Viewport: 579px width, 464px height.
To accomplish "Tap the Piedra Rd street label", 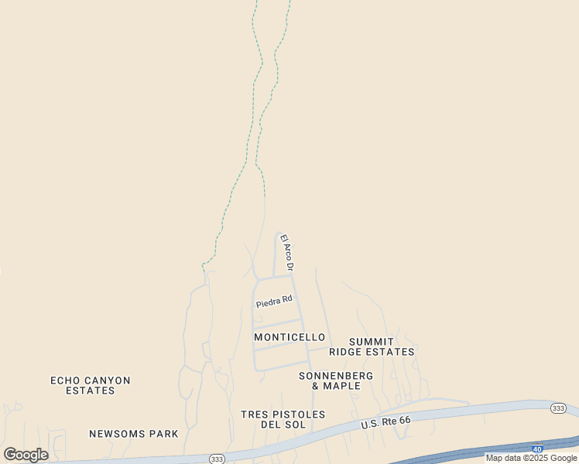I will [274, 301].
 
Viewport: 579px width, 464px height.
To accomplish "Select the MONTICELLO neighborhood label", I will [289, 337].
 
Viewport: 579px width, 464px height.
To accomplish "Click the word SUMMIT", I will [372, 342].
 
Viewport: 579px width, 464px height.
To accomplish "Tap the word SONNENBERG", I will [336, 376].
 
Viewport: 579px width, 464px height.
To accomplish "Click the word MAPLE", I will [341, 386].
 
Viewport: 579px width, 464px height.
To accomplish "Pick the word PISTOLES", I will [298, 415].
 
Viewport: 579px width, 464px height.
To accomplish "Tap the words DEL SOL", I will [283, 425].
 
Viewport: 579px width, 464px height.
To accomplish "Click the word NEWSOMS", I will [118, 434].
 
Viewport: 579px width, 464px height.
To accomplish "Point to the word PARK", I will [163, 434].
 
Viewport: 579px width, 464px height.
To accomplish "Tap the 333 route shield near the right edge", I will [558, 408].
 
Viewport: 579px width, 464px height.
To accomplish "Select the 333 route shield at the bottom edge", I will [216, 459].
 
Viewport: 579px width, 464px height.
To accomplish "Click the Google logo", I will [26, 455].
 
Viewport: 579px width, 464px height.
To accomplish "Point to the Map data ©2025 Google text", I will [531, 458].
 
